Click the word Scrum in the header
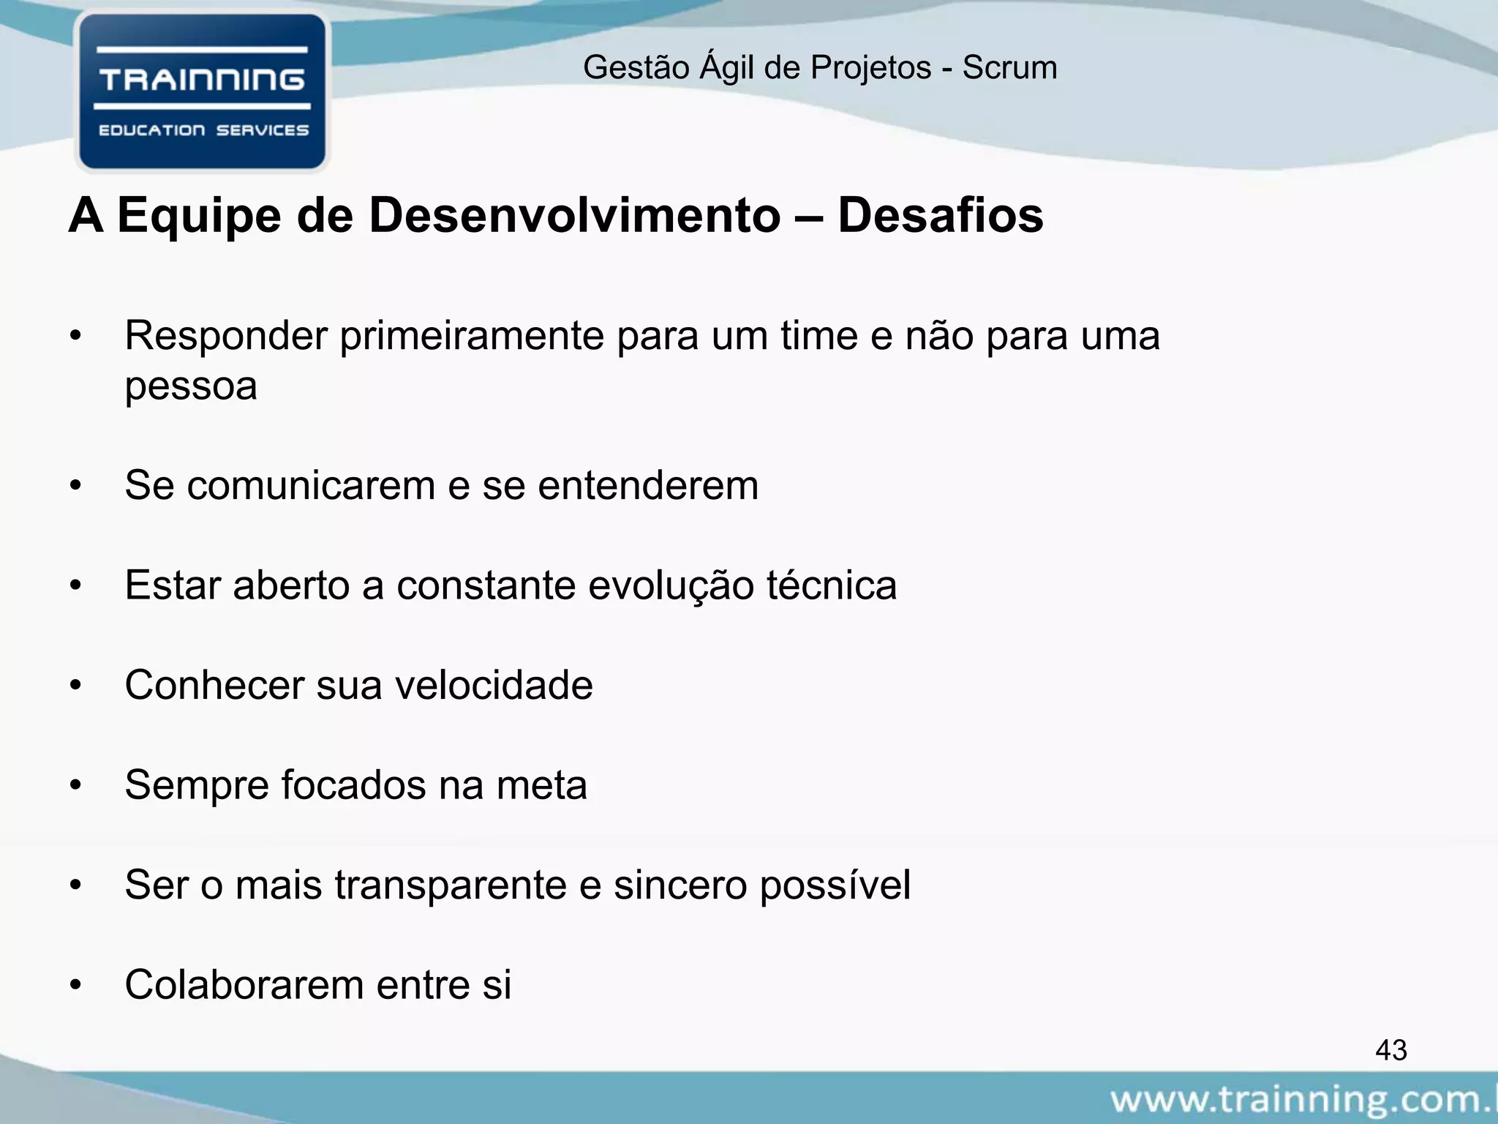(1009, 68)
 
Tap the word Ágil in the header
(728, 67)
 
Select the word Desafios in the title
(940, 216)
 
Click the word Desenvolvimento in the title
(574, 216)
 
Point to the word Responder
(226, 337)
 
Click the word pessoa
(191, 386)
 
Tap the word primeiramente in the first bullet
(472, 337)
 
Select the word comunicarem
(311, 486)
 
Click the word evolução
(671, 585)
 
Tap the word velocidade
(494, 686)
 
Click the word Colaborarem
(244, 985)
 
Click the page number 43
(1390, 1050)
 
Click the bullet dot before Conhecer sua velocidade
(75, 686)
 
